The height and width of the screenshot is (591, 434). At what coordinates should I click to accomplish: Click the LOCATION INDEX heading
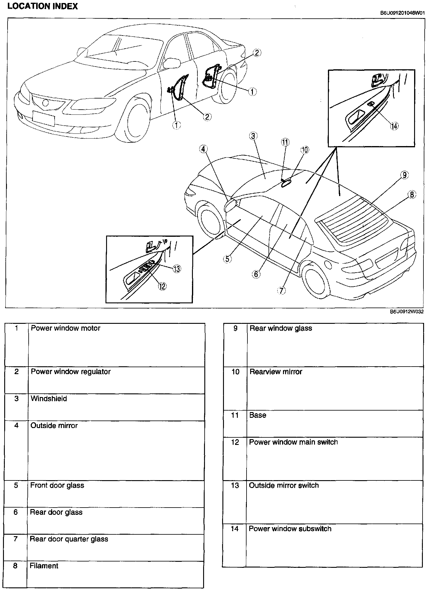(42, 6)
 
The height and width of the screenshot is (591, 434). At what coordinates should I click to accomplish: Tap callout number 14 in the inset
(394, 126)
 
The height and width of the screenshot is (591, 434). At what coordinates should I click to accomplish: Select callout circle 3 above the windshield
(253, 136)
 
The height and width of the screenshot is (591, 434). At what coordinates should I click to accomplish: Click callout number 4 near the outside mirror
(203, 149)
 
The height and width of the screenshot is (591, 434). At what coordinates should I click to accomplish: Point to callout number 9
(404, 175)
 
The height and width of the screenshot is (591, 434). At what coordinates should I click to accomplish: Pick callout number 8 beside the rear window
(412, 195)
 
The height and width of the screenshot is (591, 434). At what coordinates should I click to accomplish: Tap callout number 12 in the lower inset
(162, 286)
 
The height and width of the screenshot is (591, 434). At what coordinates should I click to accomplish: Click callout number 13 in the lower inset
(177, 269)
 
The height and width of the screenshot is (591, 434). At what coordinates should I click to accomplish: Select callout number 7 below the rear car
(281, 290)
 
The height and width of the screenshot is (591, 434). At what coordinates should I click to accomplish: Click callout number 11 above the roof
(285, 142)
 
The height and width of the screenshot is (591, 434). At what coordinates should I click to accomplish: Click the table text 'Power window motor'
(65, 328)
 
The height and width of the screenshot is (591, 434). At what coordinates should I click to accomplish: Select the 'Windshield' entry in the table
(49, 399)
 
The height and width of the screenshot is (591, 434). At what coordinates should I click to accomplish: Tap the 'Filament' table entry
(44, 566)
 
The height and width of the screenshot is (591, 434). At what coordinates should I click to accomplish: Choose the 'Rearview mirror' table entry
(275, 372)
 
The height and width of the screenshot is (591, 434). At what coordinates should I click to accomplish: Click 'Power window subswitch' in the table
(290, 529)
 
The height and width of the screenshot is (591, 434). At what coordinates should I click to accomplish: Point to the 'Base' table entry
(258, 415)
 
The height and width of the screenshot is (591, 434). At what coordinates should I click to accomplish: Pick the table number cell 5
(16, 485)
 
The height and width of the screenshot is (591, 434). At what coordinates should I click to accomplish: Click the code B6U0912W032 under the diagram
(407, 312)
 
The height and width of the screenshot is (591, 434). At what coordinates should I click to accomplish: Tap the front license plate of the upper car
(43, 118)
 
